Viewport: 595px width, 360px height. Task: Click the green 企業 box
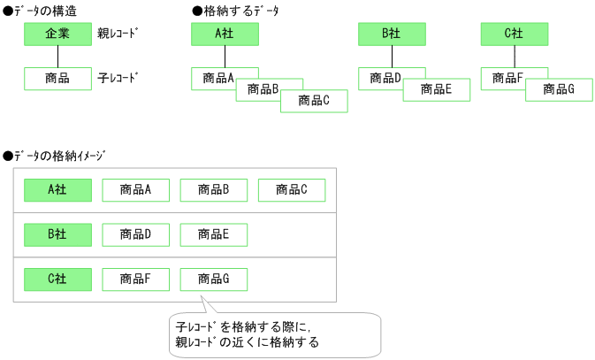57,34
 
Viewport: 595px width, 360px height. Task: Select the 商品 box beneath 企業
57,79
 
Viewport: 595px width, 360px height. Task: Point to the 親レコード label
118,34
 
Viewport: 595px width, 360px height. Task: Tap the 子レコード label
118,79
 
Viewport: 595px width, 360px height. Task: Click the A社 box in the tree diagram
225,34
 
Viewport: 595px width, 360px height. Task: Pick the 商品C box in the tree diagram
315,101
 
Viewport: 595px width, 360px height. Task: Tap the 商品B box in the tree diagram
263,89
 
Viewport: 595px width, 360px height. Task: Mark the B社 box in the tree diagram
392,34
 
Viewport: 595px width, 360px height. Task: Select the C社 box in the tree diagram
515,34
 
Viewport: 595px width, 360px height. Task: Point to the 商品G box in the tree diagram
560,89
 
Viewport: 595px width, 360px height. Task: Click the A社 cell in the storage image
57,189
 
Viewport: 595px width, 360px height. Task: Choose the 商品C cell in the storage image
292,189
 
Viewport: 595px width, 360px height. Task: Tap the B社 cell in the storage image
57,234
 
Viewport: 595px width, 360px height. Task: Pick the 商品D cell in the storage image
136,234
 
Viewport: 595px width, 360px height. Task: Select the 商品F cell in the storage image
136,280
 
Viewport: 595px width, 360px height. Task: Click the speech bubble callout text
274,333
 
